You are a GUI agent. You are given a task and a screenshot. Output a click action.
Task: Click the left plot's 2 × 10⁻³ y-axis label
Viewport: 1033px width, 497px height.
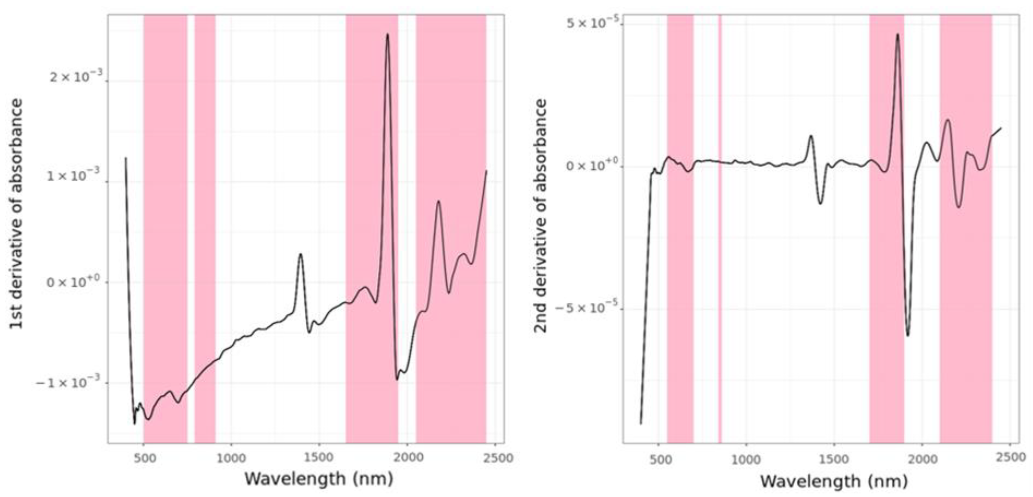click(x=77, y=76)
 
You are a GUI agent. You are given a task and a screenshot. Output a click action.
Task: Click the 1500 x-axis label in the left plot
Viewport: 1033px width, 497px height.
click(x=319, y=458)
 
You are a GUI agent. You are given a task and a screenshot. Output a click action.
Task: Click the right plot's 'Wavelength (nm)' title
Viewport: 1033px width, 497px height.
click(x=834, y=481)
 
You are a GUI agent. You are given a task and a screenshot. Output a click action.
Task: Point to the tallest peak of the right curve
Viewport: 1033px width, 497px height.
click(x=898, y=35)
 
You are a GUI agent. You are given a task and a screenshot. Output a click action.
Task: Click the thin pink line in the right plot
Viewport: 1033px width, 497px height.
click(x=720, y=229)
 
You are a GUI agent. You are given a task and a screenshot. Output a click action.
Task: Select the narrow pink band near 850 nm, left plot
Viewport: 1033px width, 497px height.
click(x=205, y=229)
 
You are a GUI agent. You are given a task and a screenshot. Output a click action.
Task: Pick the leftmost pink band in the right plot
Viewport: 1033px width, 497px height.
click(x=680, y=229)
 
